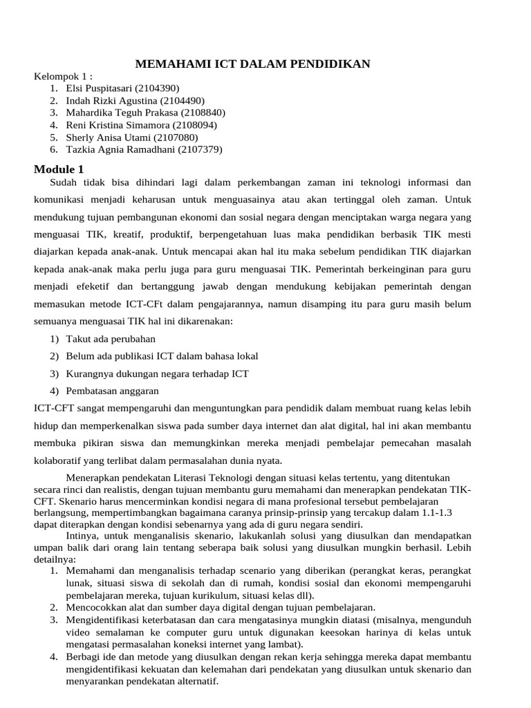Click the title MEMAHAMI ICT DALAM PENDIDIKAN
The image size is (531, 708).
coord(252,64)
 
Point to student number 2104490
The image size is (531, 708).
coord(180,100)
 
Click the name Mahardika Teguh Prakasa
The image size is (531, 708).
coord(120,113)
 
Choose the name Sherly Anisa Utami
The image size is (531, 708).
coord(107,138)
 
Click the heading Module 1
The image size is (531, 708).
coord(59,169)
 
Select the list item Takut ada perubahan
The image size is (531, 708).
coord(111,339)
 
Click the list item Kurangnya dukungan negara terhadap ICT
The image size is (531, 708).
coord(157,374)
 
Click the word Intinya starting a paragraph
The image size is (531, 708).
coord(82,534)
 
